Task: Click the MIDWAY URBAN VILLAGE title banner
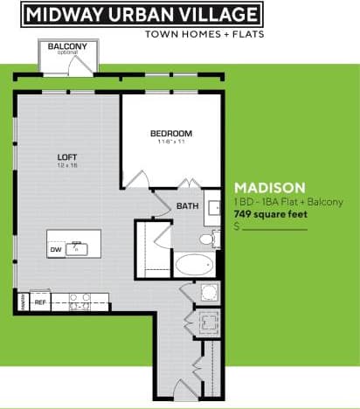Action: coord(142,14)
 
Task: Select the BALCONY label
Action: coord(66,46)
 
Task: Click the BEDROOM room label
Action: coord(170,133)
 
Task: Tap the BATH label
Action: coord(187,206)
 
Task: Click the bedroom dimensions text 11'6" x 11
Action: coord(170,141)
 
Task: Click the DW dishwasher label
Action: coord(55,250)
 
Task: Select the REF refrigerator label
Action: coord(40,303)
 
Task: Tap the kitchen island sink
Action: coord(78,248)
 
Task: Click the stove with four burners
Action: coord(80,302)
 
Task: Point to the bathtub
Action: coord(193,265)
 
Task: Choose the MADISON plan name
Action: coord(270,187)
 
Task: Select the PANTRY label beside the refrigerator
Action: coord(20,303)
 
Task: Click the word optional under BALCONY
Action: coord(66,53)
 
